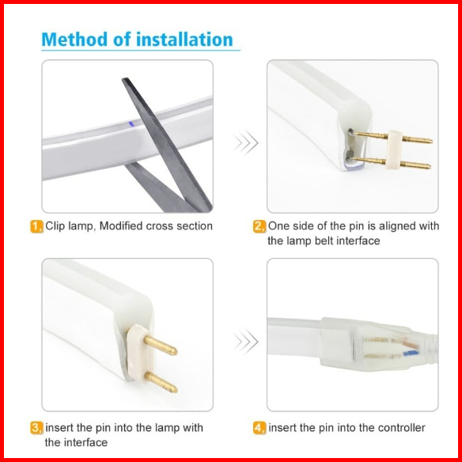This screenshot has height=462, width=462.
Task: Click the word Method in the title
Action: pyautogui.click(x=75, y=40)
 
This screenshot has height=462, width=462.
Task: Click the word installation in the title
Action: pyautogui.click(x=184, y=40)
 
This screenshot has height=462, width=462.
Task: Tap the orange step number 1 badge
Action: pyautogui.click(x=36, y=226)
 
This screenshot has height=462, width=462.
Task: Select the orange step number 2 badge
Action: pyautogui.click(x=259, y=226)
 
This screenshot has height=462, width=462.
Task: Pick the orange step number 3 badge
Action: pyautogui.click(x=36, y=428)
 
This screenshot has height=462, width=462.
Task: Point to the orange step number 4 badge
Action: pyautogui.click(x=259, y=428)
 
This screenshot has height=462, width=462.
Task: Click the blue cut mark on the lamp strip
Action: pyautogui.click(x=131, y=123)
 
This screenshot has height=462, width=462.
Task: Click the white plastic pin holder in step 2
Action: pyautogui.click(x=394, y=151)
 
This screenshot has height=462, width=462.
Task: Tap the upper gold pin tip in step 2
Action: pyautogui.click(x=431, y=141)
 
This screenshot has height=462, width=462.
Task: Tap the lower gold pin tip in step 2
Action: pyautogui.click(x=430, y=166)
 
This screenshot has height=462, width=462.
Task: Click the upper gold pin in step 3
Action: pyautogui.click(x=161, y=346)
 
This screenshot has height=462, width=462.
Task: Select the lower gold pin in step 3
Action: pyautogui.click(x=161, y=382)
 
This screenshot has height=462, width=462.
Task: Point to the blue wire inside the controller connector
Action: pyautogui.click(x=411, y=352)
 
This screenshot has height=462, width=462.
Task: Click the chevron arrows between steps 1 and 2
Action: pyautogui.click(x=246, y=142)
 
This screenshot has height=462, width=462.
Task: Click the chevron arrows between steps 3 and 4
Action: pyautogui.click(x=246, y=342)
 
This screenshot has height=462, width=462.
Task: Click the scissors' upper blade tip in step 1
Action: pyautogui.click(x=123, y=79)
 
